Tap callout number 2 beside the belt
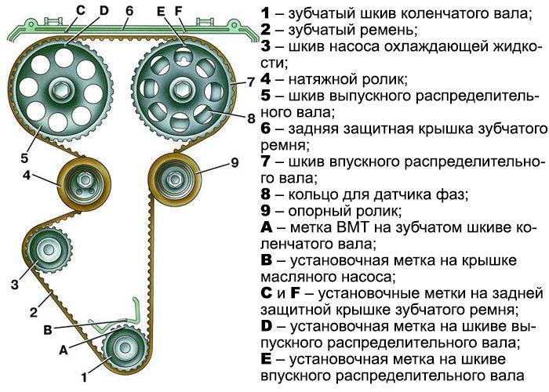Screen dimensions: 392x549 tap(34, 311)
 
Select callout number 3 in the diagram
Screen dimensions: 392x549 tap(13, 283)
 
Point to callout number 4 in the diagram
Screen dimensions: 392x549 tap(26, 176)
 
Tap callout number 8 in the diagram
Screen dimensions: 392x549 tap(251, 119)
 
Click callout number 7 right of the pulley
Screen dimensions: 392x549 tap(251, 81)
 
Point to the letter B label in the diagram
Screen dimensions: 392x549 tap(47, 329)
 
